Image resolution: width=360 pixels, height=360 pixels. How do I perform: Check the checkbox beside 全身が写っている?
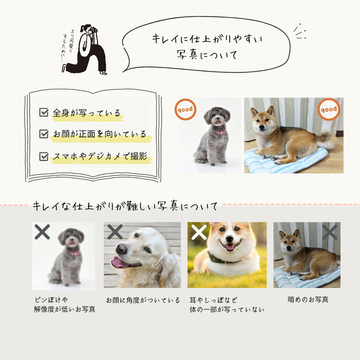[44, 112]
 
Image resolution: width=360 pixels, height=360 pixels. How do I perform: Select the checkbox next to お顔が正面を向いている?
[44, 134]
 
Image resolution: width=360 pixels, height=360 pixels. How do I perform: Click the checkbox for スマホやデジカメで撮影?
[44, 156]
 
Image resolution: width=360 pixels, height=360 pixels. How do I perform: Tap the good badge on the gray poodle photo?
[185, 110]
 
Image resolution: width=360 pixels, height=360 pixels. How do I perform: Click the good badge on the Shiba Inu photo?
[328, 110]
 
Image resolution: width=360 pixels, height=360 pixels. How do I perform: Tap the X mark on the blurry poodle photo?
[43, 232]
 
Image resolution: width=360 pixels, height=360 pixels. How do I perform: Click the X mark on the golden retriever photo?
[115, 232]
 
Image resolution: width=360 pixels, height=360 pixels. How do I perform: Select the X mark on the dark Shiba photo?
[330, 232]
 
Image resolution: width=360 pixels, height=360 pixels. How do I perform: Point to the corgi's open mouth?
[230, 248]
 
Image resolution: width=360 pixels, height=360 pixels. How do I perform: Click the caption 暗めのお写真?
[308, 299]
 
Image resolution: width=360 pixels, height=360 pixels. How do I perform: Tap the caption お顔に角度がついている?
[143, 300]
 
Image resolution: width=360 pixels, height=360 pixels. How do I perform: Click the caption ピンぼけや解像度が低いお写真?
[65, 304]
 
